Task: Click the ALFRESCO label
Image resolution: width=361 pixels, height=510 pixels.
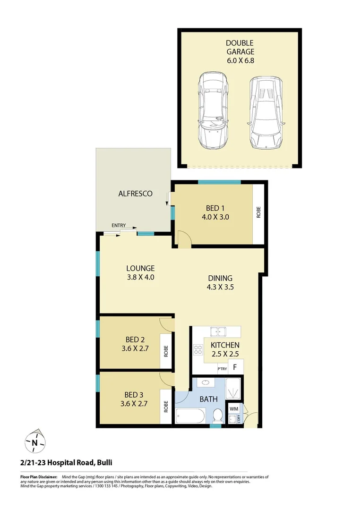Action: tap(135, 193)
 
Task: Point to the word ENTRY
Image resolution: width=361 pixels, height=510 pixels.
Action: tap(119, 226)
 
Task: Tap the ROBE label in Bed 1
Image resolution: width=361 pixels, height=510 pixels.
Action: tap(258, 212)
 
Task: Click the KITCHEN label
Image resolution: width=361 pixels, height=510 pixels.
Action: tap(225, 345)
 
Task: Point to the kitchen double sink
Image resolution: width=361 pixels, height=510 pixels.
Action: tap(219, 331)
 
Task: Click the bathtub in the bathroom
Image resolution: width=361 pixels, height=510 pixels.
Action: tap(190, 416)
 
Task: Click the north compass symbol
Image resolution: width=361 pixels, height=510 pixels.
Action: tap(35, 442)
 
